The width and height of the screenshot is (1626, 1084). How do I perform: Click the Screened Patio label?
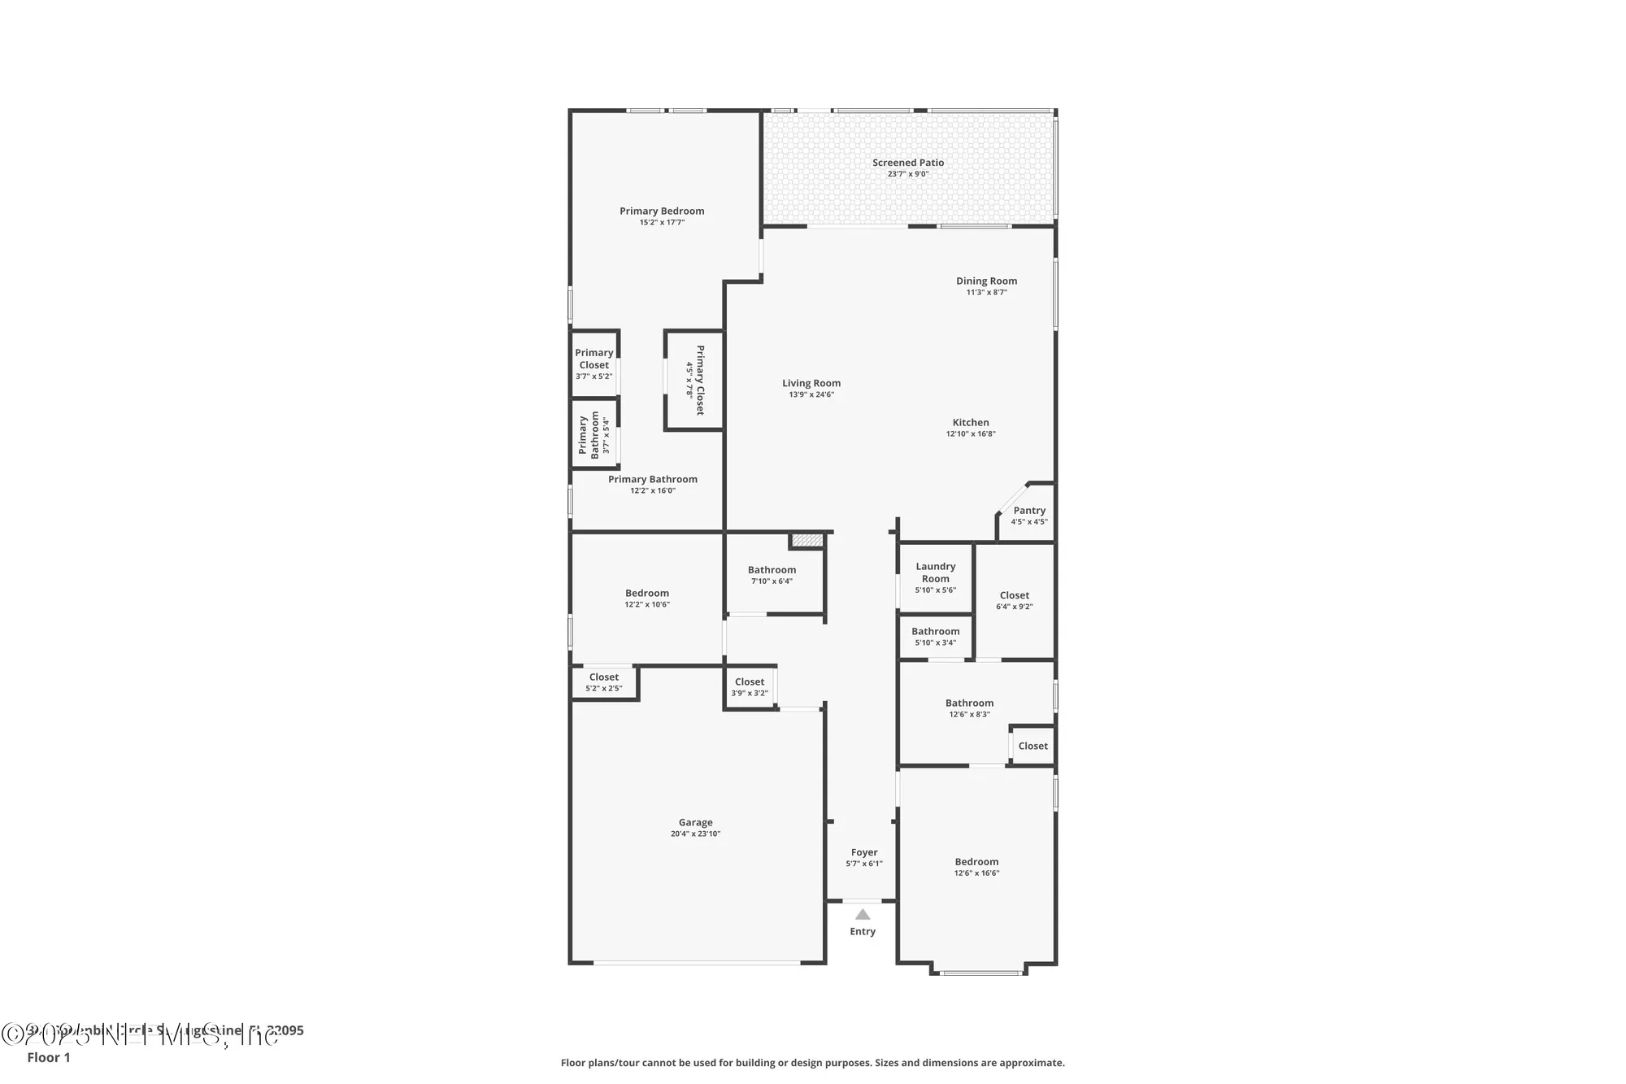click(x=907, y=163)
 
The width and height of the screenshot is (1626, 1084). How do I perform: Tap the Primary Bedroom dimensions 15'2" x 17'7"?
click(x=662, y=222)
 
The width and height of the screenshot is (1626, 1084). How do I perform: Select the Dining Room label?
click(x=986, y=281)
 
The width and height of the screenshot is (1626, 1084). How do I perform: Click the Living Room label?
click(x=811, y=383)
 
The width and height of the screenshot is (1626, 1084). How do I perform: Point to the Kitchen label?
click(x=971, y=423)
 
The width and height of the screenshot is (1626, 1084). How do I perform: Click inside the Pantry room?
click(x=1028, y=516)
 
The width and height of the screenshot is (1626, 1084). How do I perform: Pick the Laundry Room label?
click(x=935, y=572)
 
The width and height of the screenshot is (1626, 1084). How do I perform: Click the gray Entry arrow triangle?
click(x=863, y=915)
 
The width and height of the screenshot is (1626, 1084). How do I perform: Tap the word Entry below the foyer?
click(x=863, y=932)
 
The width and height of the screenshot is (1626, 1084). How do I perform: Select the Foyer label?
click(x=863, y=853)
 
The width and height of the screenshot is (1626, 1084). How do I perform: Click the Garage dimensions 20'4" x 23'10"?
click(x=695, y=834)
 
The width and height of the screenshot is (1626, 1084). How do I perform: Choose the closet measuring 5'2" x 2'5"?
click(x=603, y=682)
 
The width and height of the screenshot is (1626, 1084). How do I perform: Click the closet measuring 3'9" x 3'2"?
click(x=749, y=687)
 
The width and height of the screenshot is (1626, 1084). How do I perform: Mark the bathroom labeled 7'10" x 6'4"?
click(x=772, y=575)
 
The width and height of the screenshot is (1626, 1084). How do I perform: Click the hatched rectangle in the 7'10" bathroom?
click(x=807, y=541)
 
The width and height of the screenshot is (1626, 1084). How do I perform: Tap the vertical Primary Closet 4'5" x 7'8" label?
click(x=695, y=381)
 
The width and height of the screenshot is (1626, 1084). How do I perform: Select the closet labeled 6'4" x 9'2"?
click(x=1014, y=600)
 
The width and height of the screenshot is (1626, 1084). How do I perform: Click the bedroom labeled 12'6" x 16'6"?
click(x=976, y=867)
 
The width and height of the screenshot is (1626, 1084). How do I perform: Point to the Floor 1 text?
click(x=49, y=1057)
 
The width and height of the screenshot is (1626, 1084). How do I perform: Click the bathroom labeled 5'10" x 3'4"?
click(x=935, y=636)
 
